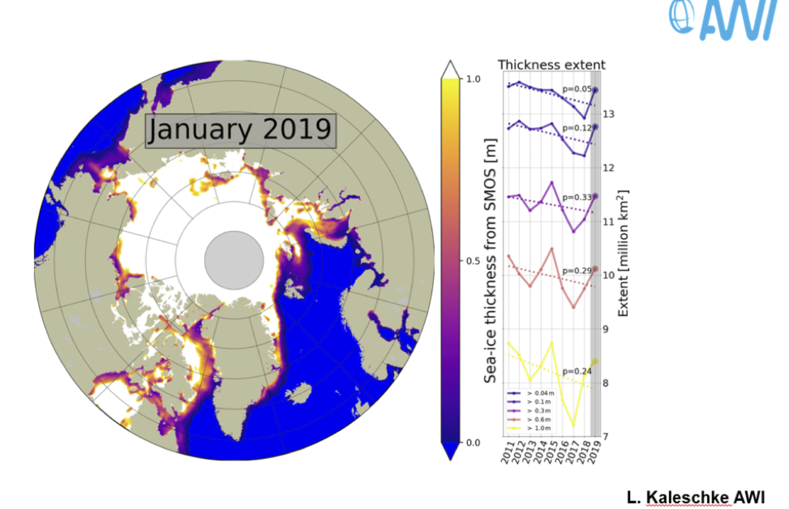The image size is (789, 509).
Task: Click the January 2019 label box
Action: pos(241,131)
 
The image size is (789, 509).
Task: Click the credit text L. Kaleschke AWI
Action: pos(696,498)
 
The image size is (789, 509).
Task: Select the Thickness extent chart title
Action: pos(552,65)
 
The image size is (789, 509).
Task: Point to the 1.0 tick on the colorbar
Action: pos(473,79)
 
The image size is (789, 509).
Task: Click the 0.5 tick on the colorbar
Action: pos(473,261)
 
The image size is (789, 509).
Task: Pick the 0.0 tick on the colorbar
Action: pos(473,442)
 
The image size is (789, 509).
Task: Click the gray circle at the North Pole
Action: pos(234,260)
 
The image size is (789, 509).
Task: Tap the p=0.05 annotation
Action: pos(577,89)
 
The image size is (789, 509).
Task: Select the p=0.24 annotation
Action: pos(577,372)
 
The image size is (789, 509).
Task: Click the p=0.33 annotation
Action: pos(577,197)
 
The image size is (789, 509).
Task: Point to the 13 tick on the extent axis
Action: pos(608,114)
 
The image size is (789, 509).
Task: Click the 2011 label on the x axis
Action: pos(506,453)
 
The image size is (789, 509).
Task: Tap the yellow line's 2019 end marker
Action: pos(595,362)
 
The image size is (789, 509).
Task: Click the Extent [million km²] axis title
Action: pos(623,253)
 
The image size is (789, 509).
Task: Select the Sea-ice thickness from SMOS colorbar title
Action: pos(491,261)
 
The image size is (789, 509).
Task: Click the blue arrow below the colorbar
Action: pos(450,451)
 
